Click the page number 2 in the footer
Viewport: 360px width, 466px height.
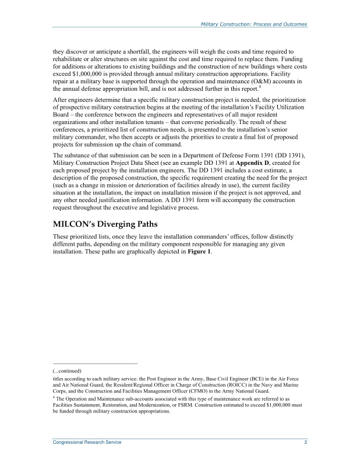click(x=305, y=443)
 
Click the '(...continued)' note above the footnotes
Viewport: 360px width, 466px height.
click(x=67, y=370)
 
